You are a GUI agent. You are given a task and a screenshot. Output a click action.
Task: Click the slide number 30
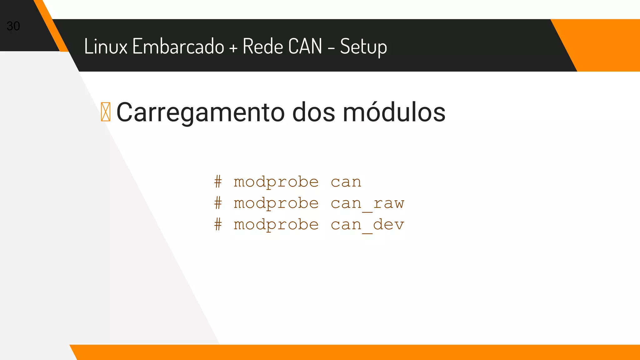[13, 26]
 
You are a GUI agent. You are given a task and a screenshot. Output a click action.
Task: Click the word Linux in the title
[106, 46]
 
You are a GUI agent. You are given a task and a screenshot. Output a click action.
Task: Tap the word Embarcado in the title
[178, 46]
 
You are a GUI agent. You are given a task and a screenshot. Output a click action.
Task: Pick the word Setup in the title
[363, 47]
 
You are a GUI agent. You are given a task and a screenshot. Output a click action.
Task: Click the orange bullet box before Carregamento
[106, 112]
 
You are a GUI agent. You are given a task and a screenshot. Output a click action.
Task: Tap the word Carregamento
[200, 112]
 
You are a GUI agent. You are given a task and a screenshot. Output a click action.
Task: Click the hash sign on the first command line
[218, 182]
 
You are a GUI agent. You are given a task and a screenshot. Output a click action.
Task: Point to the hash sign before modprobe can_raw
[218, 203]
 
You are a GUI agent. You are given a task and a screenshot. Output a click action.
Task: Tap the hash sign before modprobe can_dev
[218, 224]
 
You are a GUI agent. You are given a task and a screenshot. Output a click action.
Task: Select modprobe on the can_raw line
[276, 203]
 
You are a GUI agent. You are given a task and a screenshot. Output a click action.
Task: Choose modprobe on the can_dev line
[276, 225]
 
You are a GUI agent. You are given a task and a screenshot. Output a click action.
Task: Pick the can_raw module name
[367, 203]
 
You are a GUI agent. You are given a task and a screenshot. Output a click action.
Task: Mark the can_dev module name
[367, 225]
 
